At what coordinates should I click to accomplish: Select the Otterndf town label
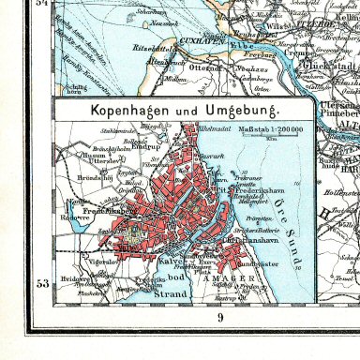pyautogui.click(x=205, y=66)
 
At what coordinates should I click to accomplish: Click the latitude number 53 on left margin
pyautogui.click(x=42, y=282)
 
